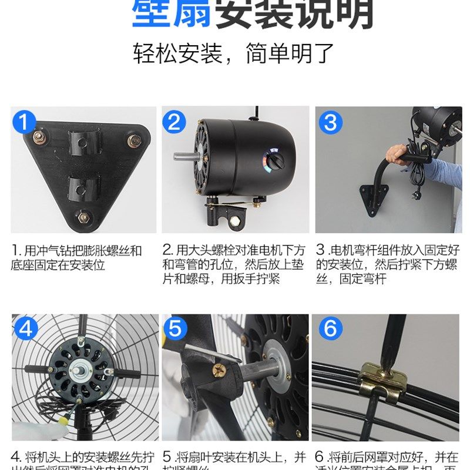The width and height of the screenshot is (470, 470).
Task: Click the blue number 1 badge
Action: tap(24, 123)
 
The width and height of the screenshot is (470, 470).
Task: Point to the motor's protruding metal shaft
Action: tap(185, 157)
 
